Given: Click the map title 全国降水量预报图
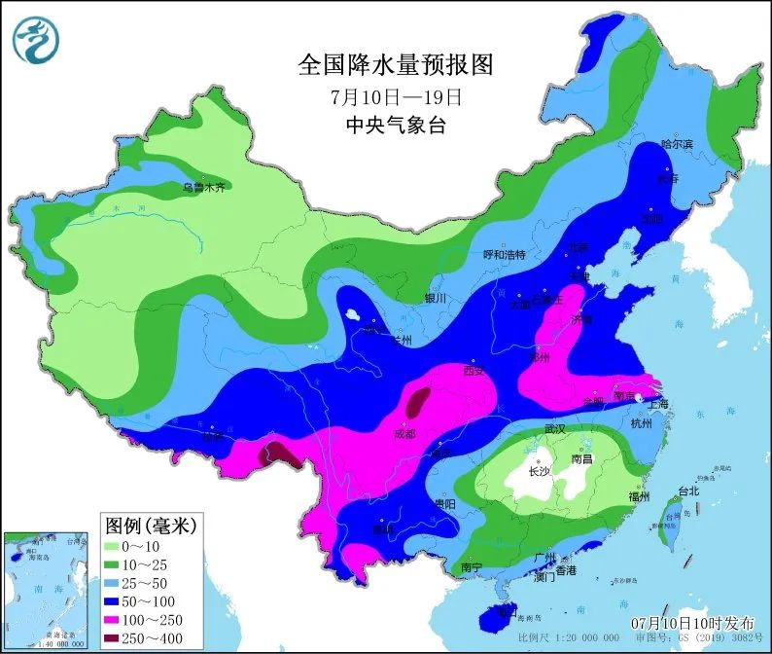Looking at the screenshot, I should pyautogui.click(x=395, y=65).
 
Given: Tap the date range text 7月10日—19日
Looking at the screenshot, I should pyautogui.click(x=395, y=97).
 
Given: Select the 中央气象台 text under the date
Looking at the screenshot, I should pyautogui.click(x=395, y=126).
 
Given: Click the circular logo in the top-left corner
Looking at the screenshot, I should pyautogui.click(x=36, y=40).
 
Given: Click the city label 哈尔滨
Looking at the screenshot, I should pyautogui.click(x=677, y=144).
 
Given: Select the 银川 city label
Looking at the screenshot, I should pyautogui.click(x=435, y=299).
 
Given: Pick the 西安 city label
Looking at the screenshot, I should pyautogui.click(x=474, y=371).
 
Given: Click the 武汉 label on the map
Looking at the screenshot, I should pyautogui.click(x=555, y=428).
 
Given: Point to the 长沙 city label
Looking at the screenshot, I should pyautogui.click(x=539, y=472).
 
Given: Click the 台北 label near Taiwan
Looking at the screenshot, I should pyautogui.click(x=688, y=490).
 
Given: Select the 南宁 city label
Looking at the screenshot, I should pyautogui.click(x=473, y=566).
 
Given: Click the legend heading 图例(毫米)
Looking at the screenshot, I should pyautogui.click(x=150, y=526).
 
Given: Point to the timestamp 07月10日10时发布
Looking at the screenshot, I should pyautogui.click(x=693, y=621).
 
